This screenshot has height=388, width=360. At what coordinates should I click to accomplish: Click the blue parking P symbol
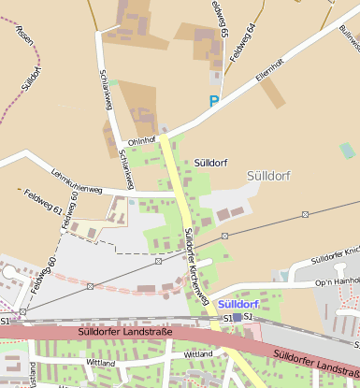214,101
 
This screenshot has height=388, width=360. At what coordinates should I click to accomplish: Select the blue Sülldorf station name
238,305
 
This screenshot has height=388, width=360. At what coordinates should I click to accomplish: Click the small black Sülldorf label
210,162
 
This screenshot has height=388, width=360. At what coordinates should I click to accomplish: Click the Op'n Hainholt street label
337,280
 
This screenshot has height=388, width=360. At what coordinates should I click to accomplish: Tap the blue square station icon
238,318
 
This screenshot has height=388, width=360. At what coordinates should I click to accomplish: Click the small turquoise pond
348,150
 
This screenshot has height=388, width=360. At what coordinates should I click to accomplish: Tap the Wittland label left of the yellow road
100,362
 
